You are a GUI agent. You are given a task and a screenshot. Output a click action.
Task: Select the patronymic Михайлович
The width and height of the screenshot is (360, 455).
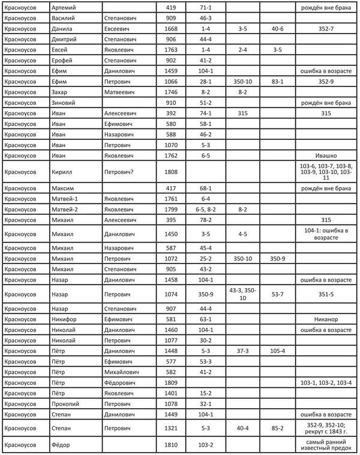124,373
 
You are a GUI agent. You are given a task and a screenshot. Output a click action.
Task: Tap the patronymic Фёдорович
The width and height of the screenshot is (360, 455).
122,382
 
